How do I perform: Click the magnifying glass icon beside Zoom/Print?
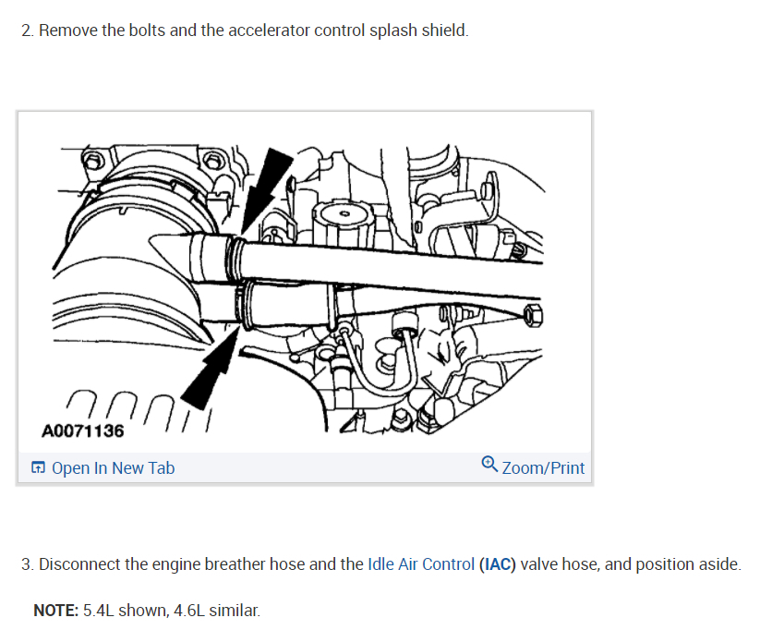coord(489,464)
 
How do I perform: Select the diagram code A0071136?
coord(83,430)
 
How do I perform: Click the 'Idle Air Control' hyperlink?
coord(421,564)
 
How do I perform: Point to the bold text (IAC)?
coord(498,564)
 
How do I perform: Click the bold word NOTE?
coord(55,610)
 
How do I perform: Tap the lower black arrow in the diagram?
coord(210,367)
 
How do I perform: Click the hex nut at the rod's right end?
coord(533,315)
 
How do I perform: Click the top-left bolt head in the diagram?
coord(92,161)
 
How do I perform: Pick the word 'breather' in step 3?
coord(235,564)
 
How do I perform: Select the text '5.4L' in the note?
coord(99,610)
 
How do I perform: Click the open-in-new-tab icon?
coord(38,467)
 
